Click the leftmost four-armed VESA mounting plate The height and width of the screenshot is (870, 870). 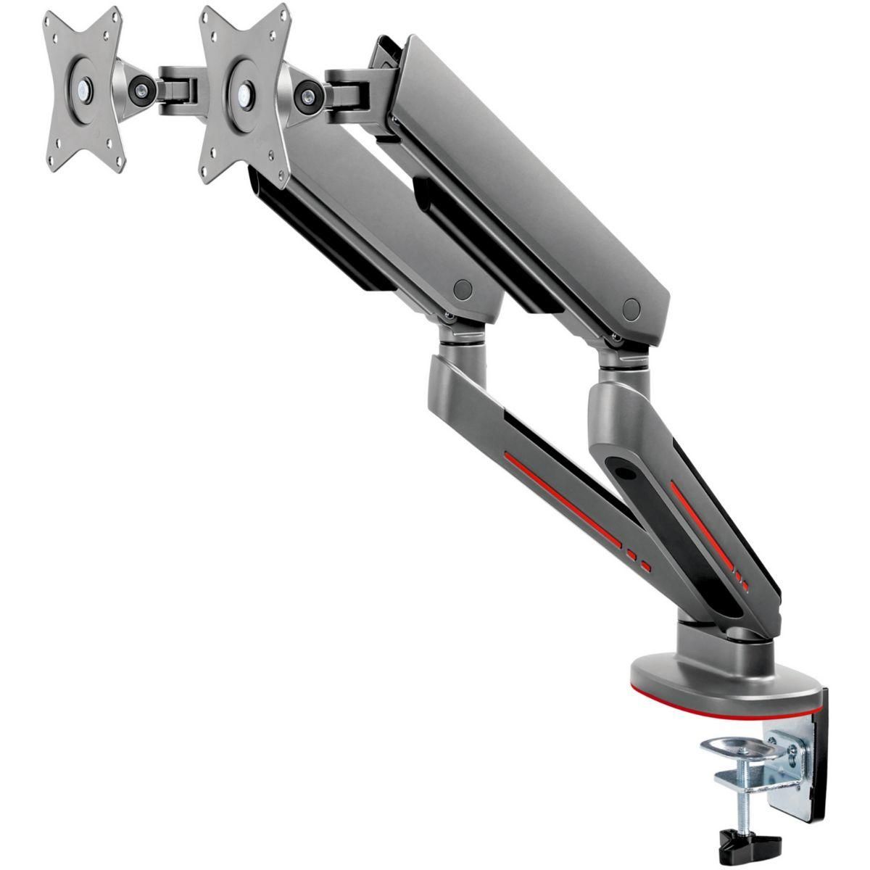click(85, 87)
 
